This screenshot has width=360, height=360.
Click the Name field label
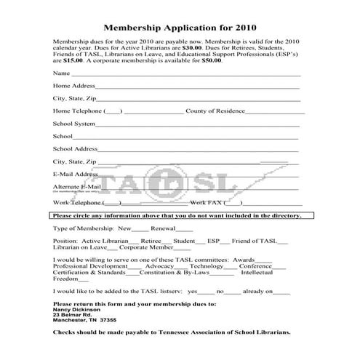pyautogui.click(x=61, y=73)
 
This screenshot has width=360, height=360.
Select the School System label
pyautogui.click(x=74, y=123)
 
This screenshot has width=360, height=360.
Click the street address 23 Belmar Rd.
pyautogui.click(x=72, y=314)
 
